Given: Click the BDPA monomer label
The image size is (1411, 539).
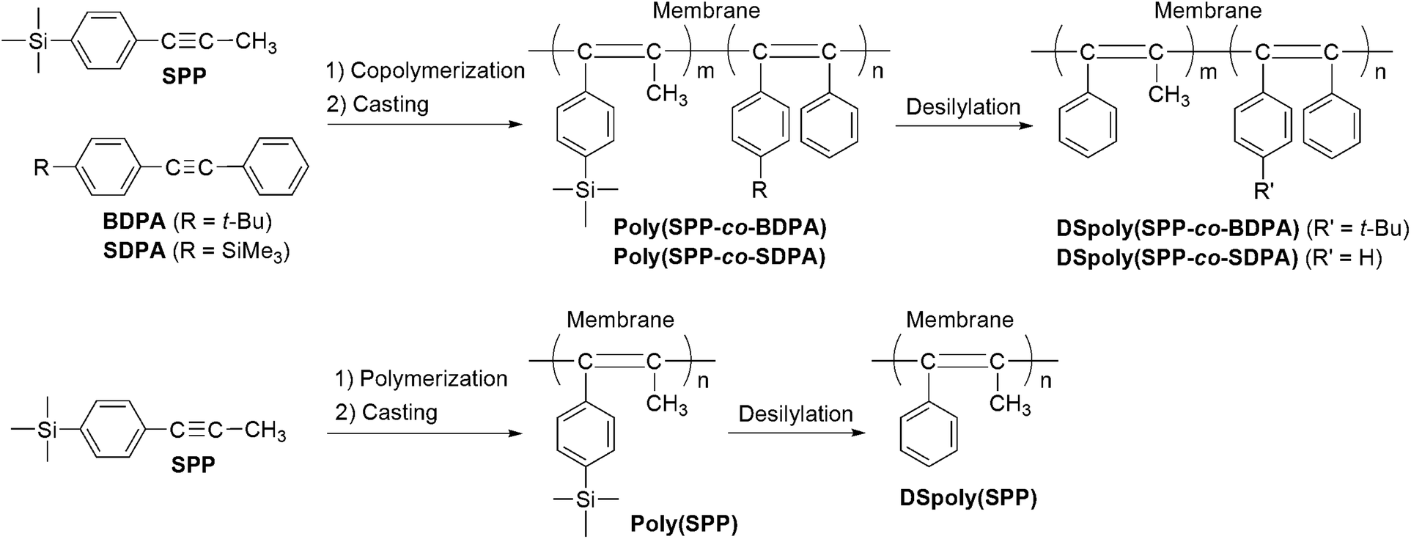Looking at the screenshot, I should (135, 221).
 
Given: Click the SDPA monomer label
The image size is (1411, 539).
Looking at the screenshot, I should (134, 251).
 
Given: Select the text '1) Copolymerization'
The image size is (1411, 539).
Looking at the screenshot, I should (425, 70).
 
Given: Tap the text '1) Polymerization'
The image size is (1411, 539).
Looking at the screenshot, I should (421, 378).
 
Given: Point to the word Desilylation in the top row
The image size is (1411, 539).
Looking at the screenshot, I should (963, 107).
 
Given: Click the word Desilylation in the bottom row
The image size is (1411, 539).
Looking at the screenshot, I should (795, 414).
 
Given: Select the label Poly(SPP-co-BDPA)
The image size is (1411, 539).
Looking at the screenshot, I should (720, 228).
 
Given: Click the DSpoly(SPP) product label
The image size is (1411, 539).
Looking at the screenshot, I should (968, 499).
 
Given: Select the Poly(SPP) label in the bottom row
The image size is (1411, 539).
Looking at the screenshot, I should (683, 524).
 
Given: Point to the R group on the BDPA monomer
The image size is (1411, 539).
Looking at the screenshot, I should (43, 169).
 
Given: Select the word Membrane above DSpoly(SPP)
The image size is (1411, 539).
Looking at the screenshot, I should (959, 320).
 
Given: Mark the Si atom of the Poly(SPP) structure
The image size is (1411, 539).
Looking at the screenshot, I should (586, 499).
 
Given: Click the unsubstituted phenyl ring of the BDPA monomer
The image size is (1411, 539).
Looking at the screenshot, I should (274, 169).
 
